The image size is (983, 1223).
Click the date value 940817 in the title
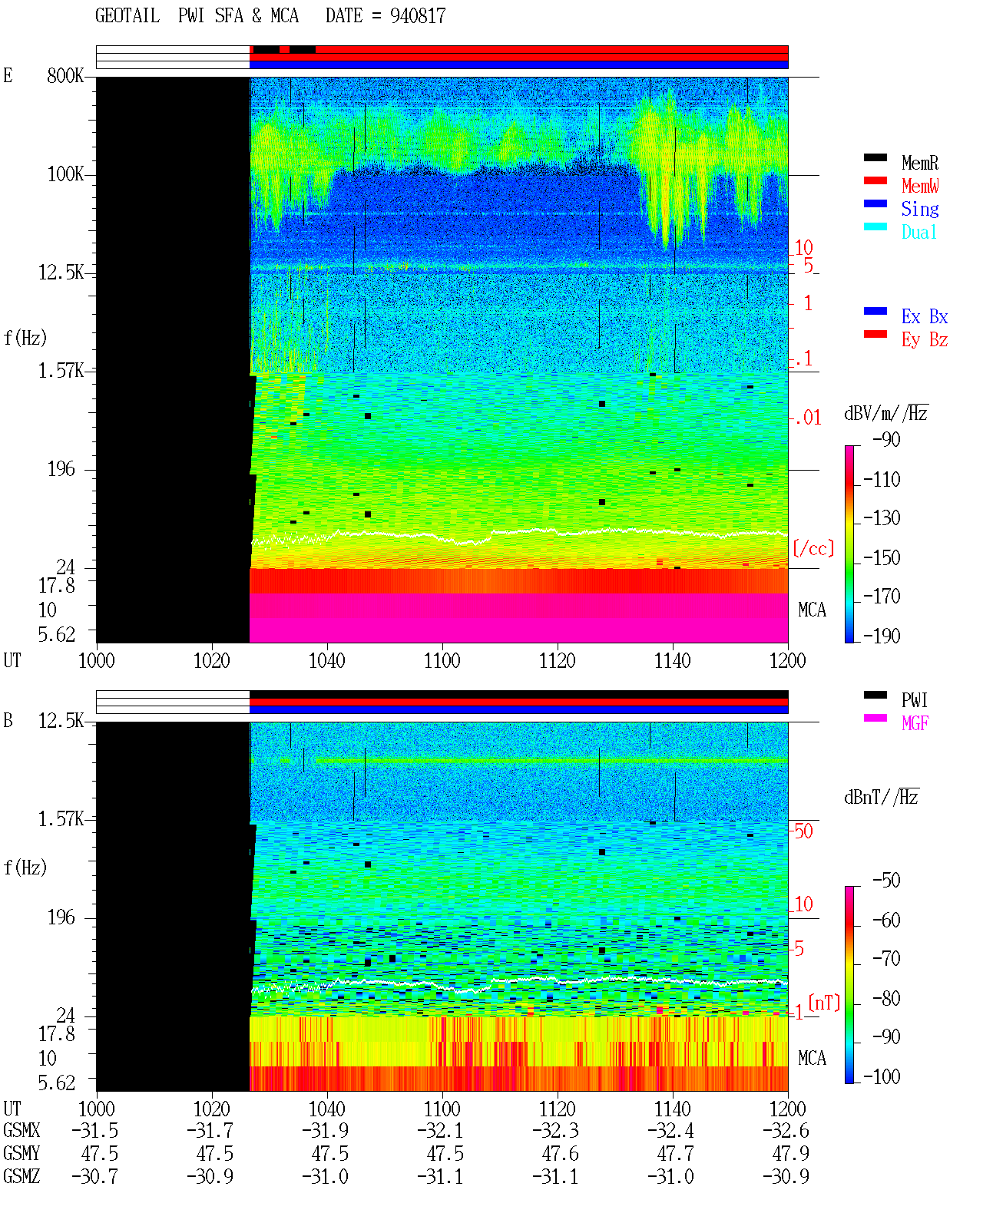(417, 15)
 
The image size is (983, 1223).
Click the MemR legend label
(919, 163)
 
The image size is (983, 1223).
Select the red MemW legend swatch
(875, 180)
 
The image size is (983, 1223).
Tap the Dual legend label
(918, 232)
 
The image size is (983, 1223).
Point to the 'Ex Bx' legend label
(924, 316)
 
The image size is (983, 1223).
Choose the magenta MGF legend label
(915, 723)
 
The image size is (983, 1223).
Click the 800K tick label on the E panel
(65, 75)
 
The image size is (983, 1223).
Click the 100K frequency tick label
(65, 174)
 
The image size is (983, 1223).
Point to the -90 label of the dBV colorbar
(886, 439)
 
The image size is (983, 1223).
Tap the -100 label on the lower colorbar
(882, 1076)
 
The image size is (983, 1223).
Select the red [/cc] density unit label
(813, 548)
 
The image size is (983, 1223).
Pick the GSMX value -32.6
(786, 1131)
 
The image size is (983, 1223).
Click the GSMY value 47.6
(560, 1154)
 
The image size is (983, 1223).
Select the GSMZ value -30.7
(94, 1176)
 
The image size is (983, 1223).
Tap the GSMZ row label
(22, 1176)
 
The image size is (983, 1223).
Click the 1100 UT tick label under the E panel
(442, 661)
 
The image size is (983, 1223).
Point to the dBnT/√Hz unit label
(881, 797)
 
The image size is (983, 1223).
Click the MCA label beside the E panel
(812, 610)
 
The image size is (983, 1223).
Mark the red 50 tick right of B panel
(803, 831)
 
